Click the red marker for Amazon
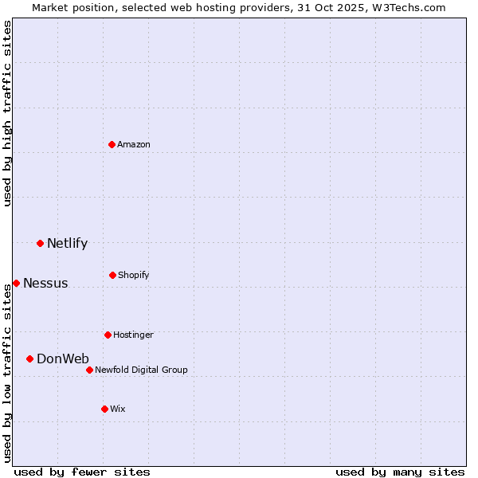(112, 144)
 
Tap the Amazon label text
(134, 145)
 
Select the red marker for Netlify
(40, 243)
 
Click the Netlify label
(67, 244)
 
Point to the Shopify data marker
(112, 275)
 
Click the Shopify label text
(134, 276)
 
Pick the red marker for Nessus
(16, 283)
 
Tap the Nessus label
(45, 284)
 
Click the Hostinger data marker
(108, 335)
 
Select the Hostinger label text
(133, 335)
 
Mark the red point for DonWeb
(29, 358)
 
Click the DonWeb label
(63, 359)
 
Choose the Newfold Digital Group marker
(89, 370)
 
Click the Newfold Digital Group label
(141, 370)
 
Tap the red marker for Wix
(104, 409)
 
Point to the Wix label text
(118, 409)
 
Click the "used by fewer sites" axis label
(82, 472)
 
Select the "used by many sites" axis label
(400, 472)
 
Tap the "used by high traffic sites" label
(7, 113)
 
